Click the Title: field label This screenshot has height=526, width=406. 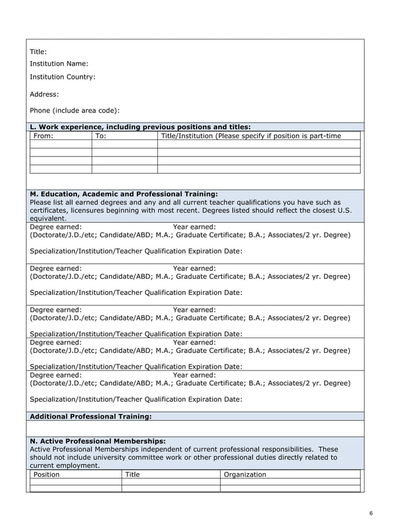click(x=38, y=52)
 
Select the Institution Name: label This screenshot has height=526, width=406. click(x=59, y=64)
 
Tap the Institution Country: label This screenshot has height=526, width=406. click(x=62, y=77)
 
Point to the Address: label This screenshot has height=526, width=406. click(x=45, y=94)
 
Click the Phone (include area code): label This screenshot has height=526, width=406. click(x=74, y=110)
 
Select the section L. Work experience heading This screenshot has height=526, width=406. click(x=140, y=127)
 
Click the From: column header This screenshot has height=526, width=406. click(x=43, y=136)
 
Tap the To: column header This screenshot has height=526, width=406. click(x=101, y=136)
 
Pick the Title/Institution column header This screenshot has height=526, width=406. click(x=251, y=136)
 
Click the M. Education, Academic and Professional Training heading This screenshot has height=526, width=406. click(x=123, y=194)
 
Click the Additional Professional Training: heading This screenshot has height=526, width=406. click(x=91, y=416)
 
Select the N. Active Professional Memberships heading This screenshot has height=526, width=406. click(x=97, y=441)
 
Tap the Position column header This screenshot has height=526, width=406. click(x=46, y=474)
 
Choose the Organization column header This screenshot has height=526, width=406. click(x=244, y=474)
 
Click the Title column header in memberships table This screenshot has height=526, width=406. click(x=132, y=474)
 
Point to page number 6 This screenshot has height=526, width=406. click(x=371, y=513)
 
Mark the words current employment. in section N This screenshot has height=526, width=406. click(x=65, y=466)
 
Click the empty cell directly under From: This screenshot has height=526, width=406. click(x=60, y=145)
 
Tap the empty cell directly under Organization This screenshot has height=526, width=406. click(x=290, y=482)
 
